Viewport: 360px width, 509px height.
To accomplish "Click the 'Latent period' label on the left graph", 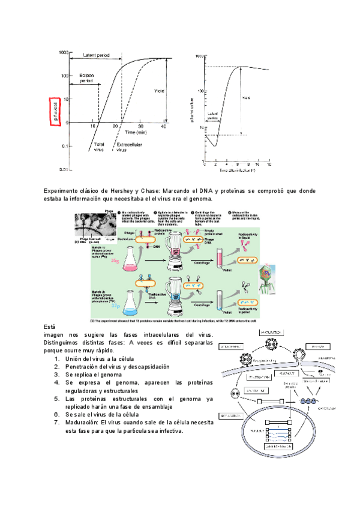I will point(96,55).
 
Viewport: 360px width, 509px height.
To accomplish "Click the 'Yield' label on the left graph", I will point(159,91).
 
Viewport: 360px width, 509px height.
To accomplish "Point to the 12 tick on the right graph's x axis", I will point(269,164).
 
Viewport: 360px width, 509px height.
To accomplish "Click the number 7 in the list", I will point(56,423).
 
